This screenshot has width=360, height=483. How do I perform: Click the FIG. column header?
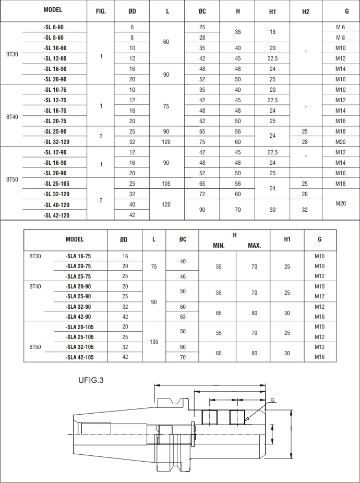click(x=101, y=11)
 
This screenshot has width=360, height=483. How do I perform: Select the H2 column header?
click(x=305, y=11)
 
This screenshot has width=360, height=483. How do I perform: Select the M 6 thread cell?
click(x=341, y=27)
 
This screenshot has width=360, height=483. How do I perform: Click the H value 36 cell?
click(x=238, y=32)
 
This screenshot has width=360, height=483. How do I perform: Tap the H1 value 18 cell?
click(x=272, y=32)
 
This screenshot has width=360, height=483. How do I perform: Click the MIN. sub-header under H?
click(x=218, y=245)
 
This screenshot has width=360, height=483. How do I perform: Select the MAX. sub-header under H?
click(x=254, y=245)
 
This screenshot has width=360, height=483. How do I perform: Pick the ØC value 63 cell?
click(x=183, y=317)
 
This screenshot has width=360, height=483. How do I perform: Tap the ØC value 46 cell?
click(x=183, y=276)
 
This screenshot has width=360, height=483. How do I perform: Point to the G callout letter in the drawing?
click(x=273, y=400)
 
